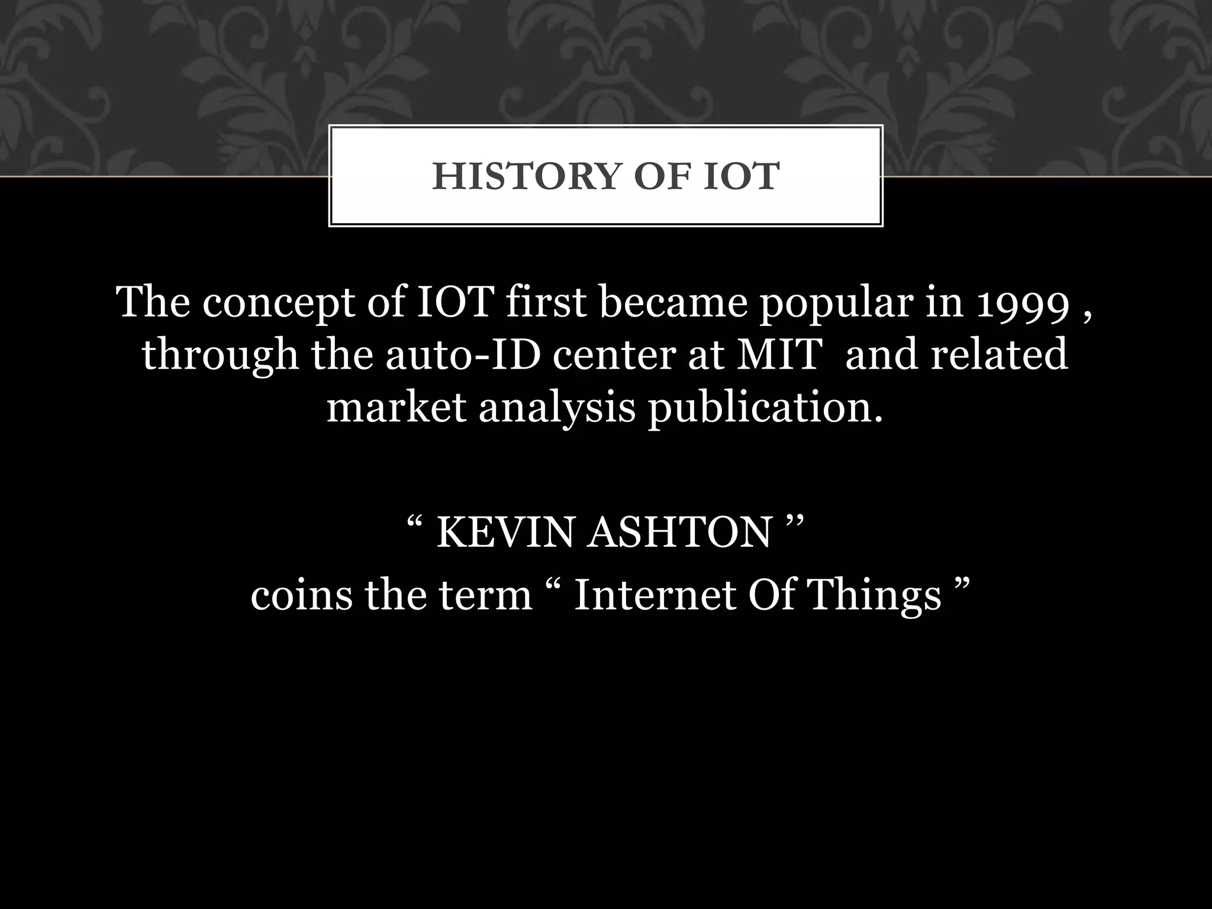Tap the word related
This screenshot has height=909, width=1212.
(999, 355)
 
